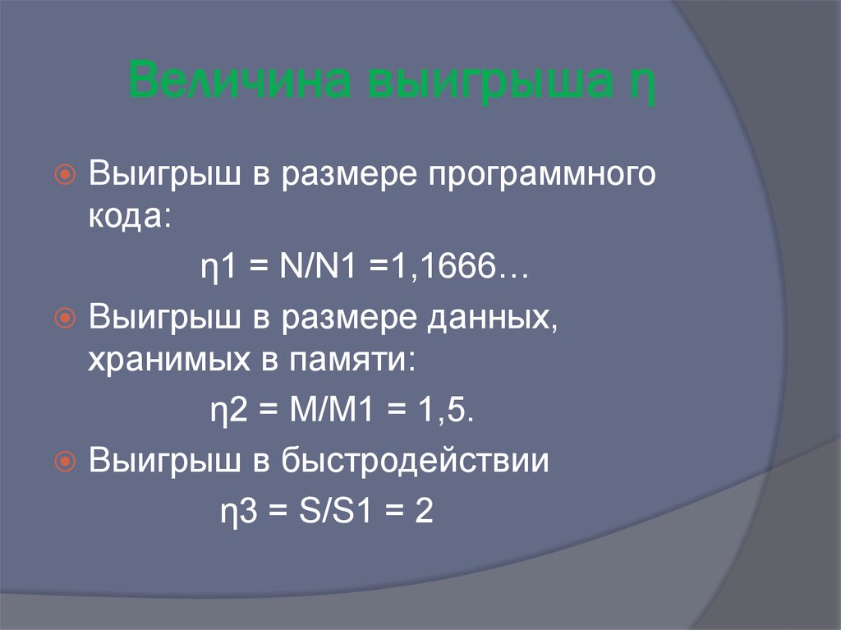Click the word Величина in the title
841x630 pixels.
239,83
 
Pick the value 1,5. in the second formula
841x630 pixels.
444,412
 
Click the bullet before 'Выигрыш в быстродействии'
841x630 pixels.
67,462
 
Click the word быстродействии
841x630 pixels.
415,462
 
